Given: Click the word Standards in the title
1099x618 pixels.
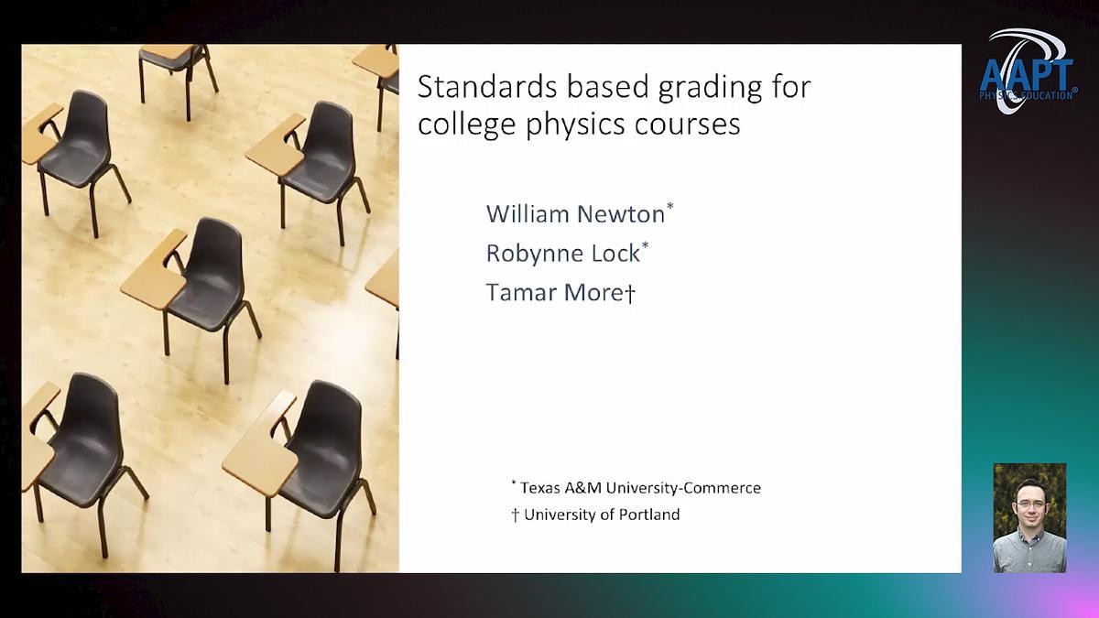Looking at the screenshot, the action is (487, 87).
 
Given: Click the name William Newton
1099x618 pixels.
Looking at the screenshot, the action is (575, 214).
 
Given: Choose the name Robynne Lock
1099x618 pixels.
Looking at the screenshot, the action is (563, 254).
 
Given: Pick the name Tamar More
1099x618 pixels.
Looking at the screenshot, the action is (554, 293).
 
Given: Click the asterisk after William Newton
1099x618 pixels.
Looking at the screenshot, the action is (669, 206).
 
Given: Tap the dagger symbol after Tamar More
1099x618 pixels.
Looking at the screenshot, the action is (630, 293).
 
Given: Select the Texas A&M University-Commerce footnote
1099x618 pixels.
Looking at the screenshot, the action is (636, 488).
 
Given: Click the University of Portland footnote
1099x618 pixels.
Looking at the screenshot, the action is (595, 515).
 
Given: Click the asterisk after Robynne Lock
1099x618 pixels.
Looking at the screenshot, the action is (645, 245).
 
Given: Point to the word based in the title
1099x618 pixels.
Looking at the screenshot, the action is (607, 87).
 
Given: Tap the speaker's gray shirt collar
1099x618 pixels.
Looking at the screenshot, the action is (1029, 536).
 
